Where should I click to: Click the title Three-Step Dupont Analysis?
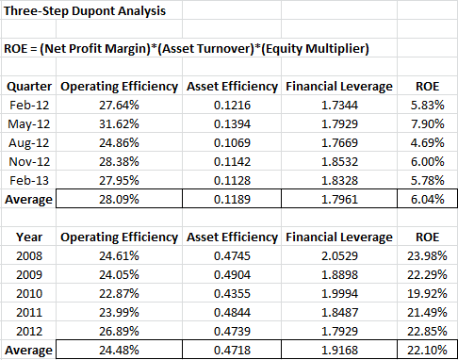click(85, 11)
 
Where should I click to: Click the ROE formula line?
click(187, 49)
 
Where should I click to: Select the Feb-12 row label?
click(29, 105)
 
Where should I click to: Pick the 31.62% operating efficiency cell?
click(119, 123)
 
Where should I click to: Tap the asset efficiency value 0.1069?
click(232, 142)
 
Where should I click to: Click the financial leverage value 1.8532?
click(339, 161)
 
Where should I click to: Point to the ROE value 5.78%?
click(428, 180)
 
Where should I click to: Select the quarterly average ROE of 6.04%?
click(428, 199)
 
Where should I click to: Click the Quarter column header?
click(29, 87)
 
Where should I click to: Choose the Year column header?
click(29, 237)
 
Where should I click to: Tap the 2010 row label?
click(29, 293)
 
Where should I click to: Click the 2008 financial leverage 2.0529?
click(339, 255)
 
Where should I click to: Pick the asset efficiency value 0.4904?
click(232, 274)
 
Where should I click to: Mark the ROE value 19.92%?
click(427, 293)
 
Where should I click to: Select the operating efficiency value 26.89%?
click(119, 331)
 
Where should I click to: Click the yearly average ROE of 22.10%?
click(427, 350)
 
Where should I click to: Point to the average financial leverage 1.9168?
click(339, 350)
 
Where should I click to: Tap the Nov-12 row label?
click(29, 161)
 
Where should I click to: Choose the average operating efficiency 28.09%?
click(119, 199)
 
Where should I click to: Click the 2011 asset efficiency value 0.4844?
click(232, 312)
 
